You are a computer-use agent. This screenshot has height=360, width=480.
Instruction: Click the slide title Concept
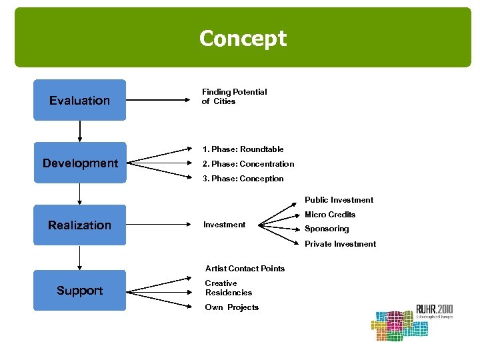[x=243, y=39]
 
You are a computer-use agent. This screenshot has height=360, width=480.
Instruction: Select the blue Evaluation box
[x=79, y=101]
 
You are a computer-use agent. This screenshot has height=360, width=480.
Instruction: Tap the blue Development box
[x=79, y=163]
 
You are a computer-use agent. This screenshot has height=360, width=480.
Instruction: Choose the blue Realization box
[x=79, y=225]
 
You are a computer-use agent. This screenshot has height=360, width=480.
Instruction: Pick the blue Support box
[x=79, y=291]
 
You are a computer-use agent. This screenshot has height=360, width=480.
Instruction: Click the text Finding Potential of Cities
[x=234, y=97]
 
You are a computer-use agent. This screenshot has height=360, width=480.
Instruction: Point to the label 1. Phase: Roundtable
[x=243, y=149]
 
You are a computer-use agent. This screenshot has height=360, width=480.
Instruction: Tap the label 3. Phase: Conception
[x=244, y=179]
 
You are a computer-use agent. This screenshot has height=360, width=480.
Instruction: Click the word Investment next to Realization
[x=224, y=225]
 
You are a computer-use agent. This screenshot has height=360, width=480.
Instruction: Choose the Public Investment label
[x=339, y=200]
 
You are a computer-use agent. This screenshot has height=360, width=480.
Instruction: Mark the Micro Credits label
[x=330, y=215]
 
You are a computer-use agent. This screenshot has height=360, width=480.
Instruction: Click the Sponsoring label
[x=327, y=229]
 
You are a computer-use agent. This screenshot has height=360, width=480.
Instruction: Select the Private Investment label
[x=340, y=244]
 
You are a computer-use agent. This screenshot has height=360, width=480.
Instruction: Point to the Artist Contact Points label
[x=245, y=269]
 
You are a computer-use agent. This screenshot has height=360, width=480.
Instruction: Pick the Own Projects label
[x=231, y=307]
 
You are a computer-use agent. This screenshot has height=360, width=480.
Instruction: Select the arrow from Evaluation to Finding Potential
[x=160, y=101]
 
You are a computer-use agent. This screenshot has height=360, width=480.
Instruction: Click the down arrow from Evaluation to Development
[x=79, y=131]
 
